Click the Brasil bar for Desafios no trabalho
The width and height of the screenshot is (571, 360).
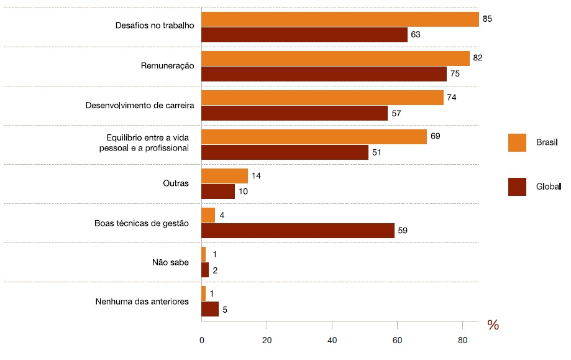(340, 19)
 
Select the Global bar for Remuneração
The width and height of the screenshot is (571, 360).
(324, 74)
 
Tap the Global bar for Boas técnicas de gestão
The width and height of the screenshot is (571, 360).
(298, 231)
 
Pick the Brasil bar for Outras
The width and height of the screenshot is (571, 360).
(224, 176)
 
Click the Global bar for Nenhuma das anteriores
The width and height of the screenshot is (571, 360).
(210, 309)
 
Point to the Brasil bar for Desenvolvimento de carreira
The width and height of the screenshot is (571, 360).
(322, 98)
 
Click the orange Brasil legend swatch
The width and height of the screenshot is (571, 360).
(517, 142)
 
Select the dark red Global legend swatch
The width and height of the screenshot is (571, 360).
(517, 187)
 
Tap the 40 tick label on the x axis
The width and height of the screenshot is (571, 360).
(332, 341)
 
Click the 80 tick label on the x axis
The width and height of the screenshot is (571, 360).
(462, 341)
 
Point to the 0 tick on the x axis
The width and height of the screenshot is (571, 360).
(202, 341)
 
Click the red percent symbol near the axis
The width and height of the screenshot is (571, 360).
(493, 325)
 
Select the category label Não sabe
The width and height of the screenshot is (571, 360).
(170, 262)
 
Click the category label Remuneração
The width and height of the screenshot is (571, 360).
(168, 65)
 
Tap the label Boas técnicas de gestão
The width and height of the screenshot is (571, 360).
(141, 223)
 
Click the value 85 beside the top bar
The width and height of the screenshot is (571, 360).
(487, 19)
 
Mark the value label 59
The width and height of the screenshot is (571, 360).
(403, 231)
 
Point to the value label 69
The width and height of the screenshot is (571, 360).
(435, 136)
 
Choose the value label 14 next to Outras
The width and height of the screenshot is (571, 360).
(255, 176)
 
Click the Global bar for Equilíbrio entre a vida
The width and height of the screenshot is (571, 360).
(285, 152)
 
